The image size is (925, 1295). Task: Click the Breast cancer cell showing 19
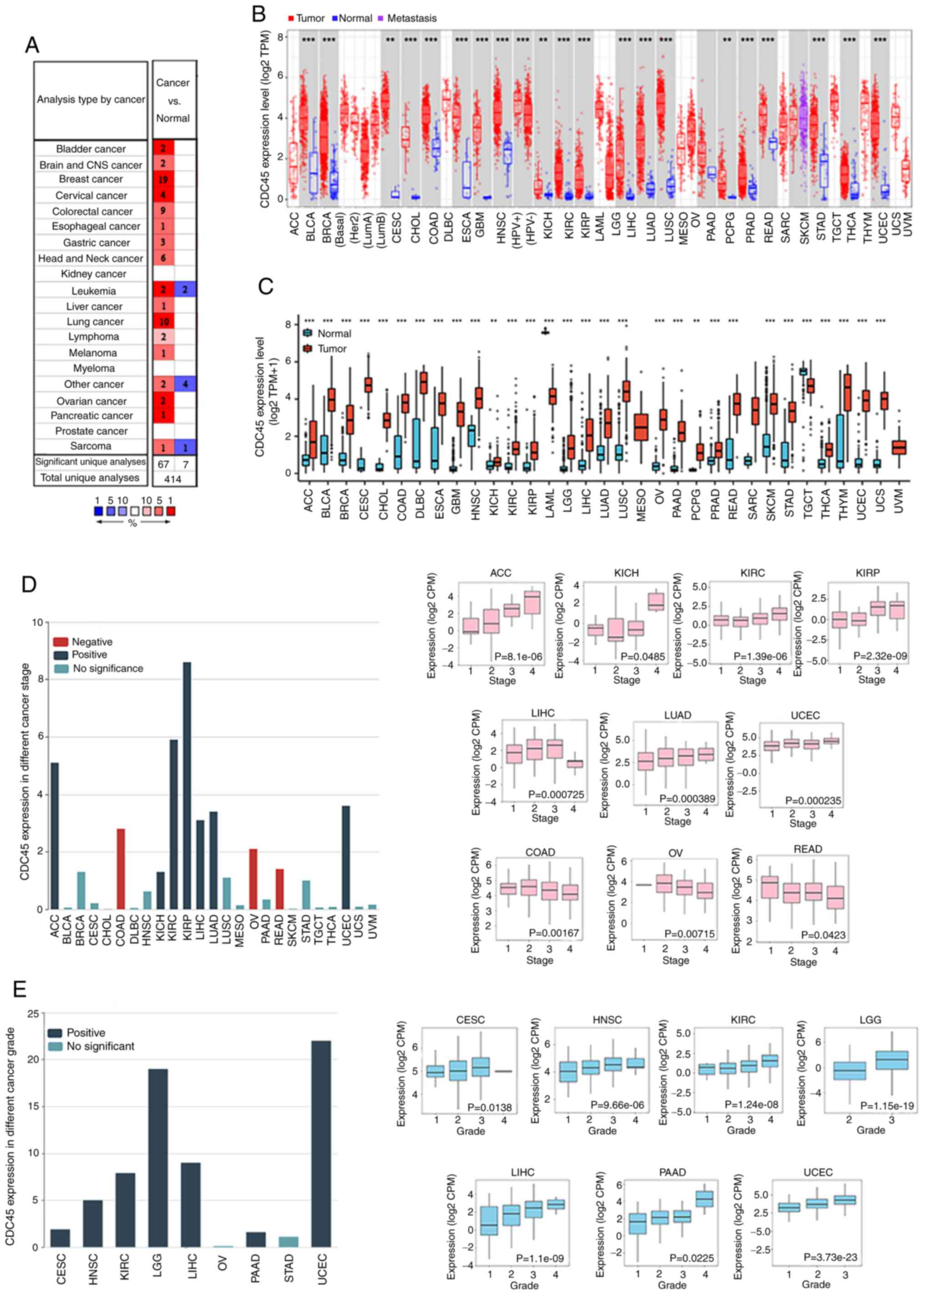pyautogui.click(x=163, y=179)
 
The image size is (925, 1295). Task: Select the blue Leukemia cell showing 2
pyautogui.click(x=185, y=290)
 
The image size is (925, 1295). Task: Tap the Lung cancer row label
pyautogui.click(x=95, y=322)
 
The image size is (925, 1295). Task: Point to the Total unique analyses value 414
pyautogui.click(x=173, y=478)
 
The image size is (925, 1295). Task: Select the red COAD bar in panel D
pyautogui.click(x=121, y=868)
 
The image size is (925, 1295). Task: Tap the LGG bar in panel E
pyautogui.click(x=158, y=1158)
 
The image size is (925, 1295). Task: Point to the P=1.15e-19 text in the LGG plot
pyautogui.click(x=886, y=1105)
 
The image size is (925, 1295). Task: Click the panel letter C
pyautogui.click(x=265, y=286)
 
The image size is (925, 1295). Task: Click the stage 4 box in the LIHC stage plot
pyautogui.click(x=574, y=763)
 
